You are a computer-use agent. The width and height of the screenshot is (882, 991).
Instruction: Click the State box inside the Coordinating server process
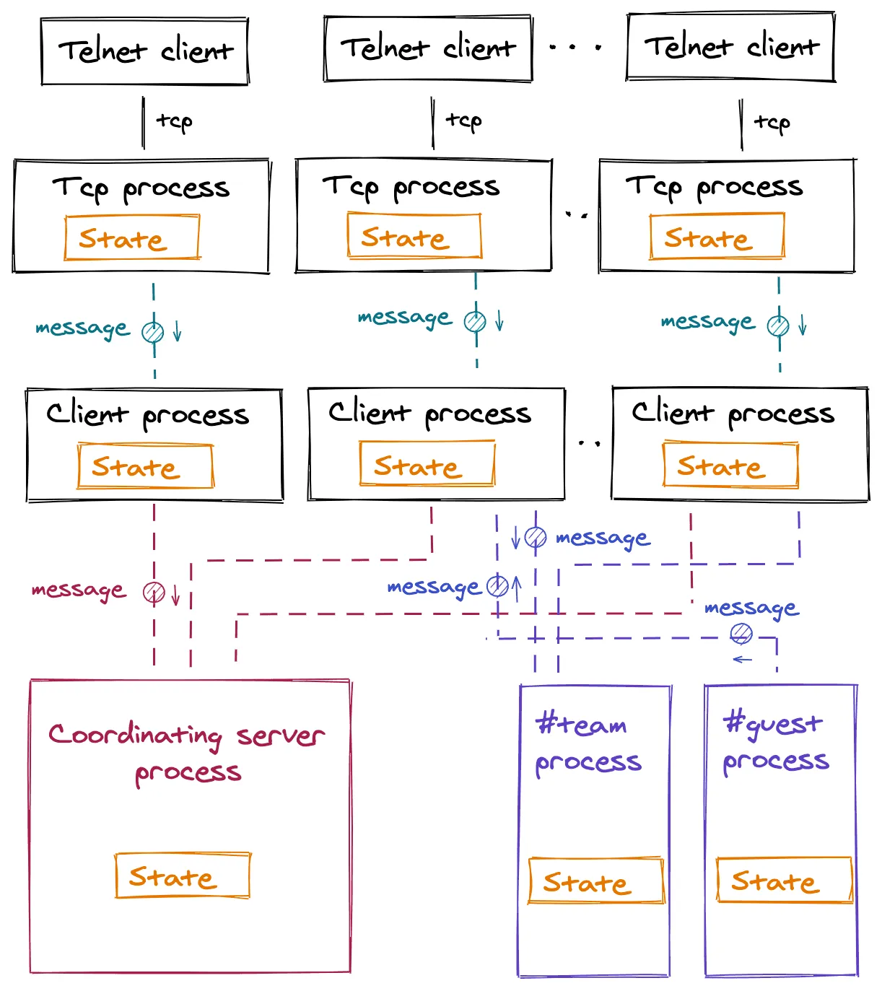point(183,876)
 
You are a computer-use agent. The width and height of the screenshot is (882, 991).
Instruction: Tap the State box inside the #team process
point(596,881)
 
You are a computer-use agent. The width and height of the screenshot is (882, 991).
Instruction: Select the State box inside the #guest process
point(784,880)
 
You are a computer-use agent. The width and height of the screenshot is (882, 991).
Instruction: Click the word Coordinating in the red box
point(135,736)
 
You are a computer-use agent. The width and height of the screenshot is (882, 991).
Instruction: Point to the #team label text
point(581,723)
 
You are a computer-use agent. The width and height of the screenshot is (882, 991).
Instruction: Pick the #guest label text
point(773,724)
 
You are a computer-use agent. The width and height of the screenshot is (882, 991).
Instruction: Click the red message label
point(79,591)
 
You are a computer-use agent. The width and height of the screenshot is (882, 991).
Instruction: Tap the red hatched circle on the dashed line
point(154,593)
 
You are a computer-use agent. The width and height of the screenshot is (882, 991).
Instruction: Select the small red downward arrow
point(175,593)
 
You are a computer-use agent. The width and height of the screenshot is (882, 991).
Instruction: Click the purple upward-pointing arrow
point(517,587)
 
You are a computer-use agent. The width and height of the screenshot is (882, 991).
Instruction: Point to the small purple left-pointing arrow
point(742,660)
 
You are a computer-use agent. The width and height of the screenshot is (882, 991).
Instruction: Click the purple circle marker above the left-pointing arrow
point(741,634)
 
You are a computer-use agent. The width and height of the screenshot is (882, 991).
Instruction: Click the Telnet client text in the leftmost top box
point(146,51)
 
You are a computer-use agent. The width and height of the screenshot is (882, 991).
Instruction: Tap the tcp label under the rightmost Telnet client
point(772,123)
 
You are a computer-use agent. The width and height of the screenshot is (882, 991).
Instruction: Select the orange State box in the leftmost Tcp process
point(132,237)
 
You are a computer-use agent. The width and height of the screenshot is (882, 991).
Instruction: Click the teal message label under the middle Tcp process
point(405,318)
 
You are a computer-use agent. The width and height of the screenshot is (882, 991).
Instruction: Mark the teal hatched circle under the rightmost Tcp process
point(778,326)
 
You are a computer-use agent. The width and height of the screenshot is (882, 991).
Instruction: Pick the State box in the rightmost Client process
point(730,465)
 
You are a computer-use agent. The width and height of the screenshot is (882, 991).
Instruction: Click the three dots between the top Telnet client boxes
point(575,48)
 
